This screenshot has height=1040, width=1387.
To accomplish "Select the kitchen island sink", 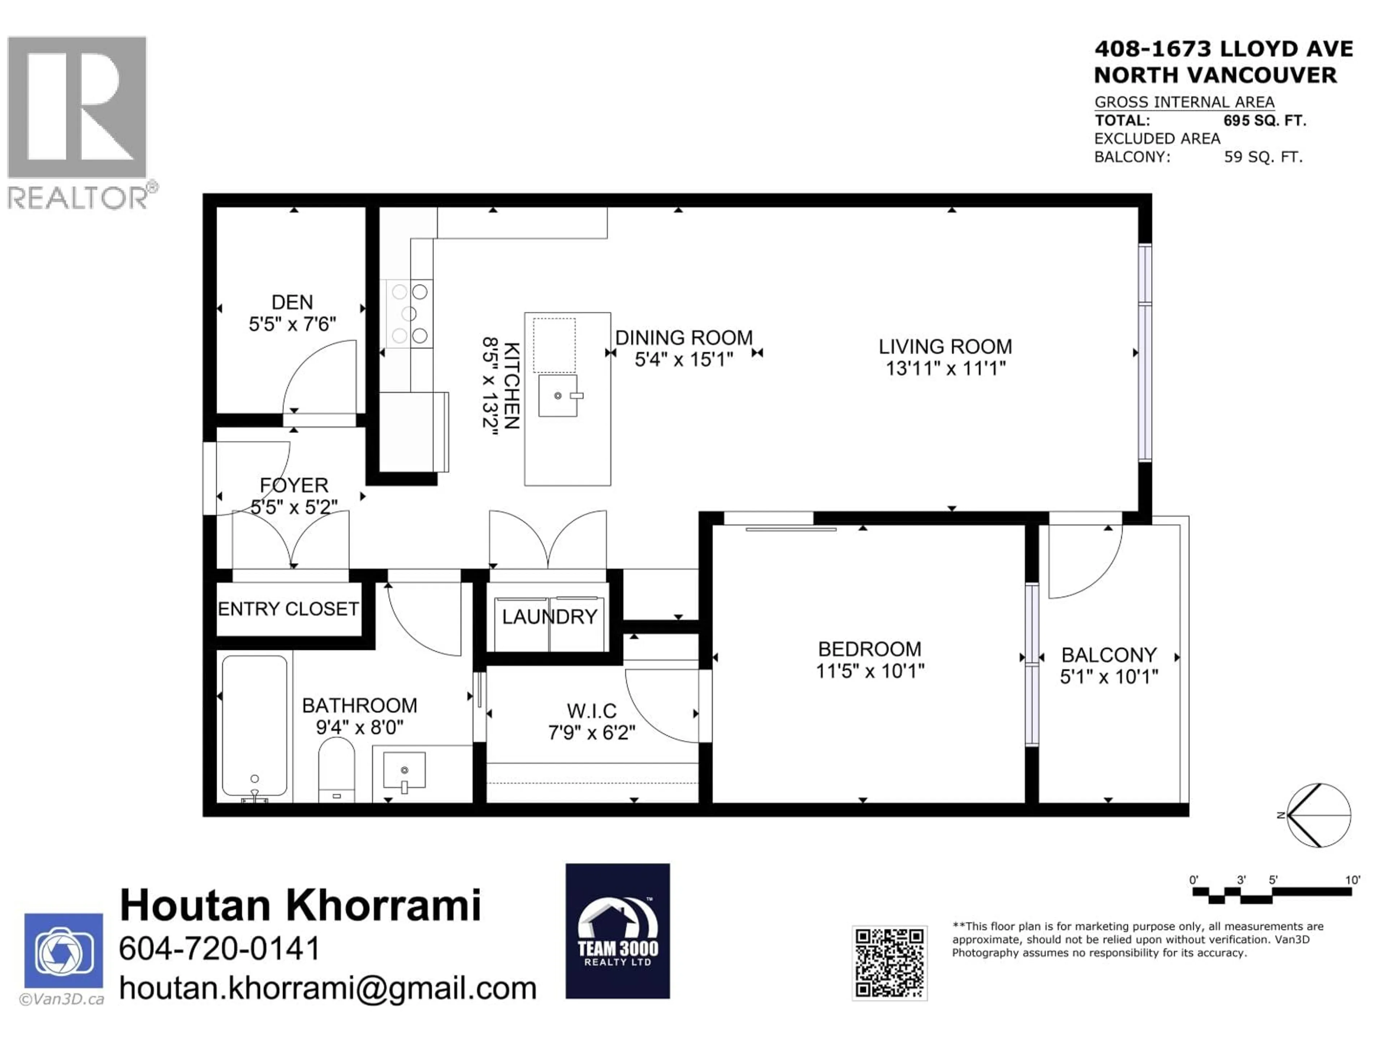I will click(557, 395).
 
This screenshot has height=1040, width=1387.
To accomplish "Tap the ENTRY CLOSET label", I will click(288, 609).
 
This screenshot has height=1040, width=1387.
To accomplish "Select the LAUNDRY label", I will click(549, 617).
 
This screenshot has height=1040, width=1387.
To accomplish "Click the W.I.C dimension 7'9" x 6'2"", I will click(591, 732).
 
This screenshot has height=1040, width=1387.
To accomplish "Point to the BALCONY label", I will click(1109, 655).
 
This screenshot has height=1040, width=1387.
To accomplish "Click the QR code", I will click(889, 962).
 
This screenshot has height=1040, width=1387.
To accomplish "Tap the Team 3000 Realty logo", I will click(618, 931).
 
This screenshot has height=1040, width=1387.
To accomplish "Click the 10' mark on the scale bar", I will click(1353, 880).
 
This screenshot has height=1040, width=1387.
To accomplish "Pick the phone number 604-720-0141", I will click(220, 949).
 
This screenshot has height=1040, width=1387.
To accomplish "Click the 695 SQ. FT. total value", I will click(1264, 120).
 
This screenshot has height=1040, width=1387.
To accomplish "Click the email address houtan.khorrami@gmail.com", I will click(327, 989).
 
